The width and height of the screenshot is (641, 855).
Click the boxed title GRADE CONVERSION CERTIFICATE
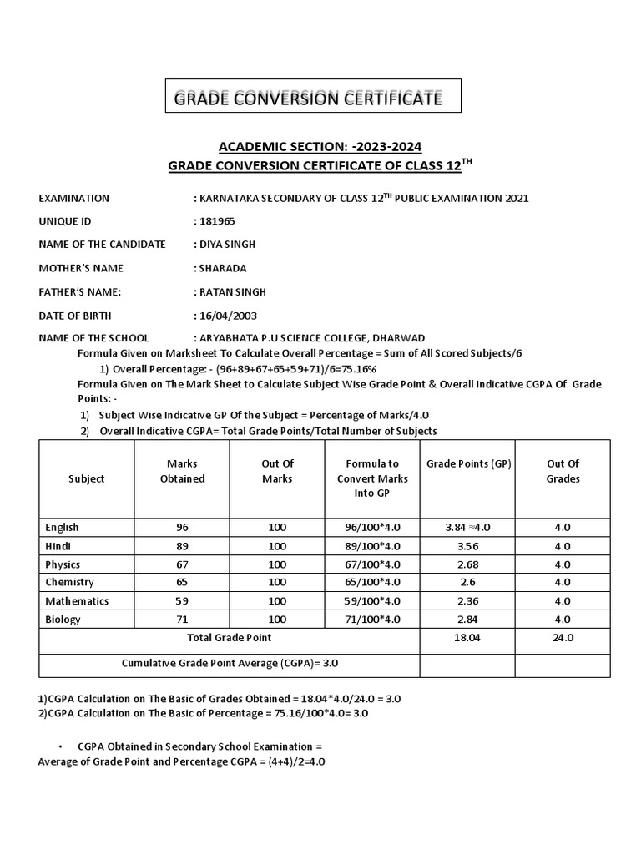[x=307, y=99]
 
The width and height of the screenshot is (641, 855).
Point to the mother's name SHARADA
[x=222, y=268]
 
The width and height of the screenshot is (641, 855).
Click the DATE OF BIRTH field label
[x=75, y=316]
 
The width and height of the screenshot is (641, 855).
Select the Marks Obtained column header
[x=182, y=471]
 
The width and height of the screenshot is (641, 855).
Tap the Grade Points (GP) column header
[x=468, y=463]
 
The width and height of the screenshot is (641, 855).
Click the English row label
[x=63, y=528]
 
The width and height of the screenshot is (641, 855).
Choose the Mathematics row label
[x=77, y=601]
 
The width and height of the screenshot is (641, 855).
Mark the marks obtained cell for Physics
[x=182, y=564]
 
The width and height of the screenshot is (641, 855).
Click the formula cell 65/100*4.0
[x=368, y=583]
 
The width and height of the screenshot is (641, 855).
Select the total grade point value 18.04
[x=467, y=638]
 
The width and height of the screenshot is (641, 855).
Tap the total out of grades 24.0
[x=563, y=638]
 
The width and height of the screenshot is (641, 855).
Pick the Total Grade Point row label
[x=229, y=638]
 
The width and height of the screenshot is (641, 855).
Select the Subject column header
[x=87, y=478]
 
